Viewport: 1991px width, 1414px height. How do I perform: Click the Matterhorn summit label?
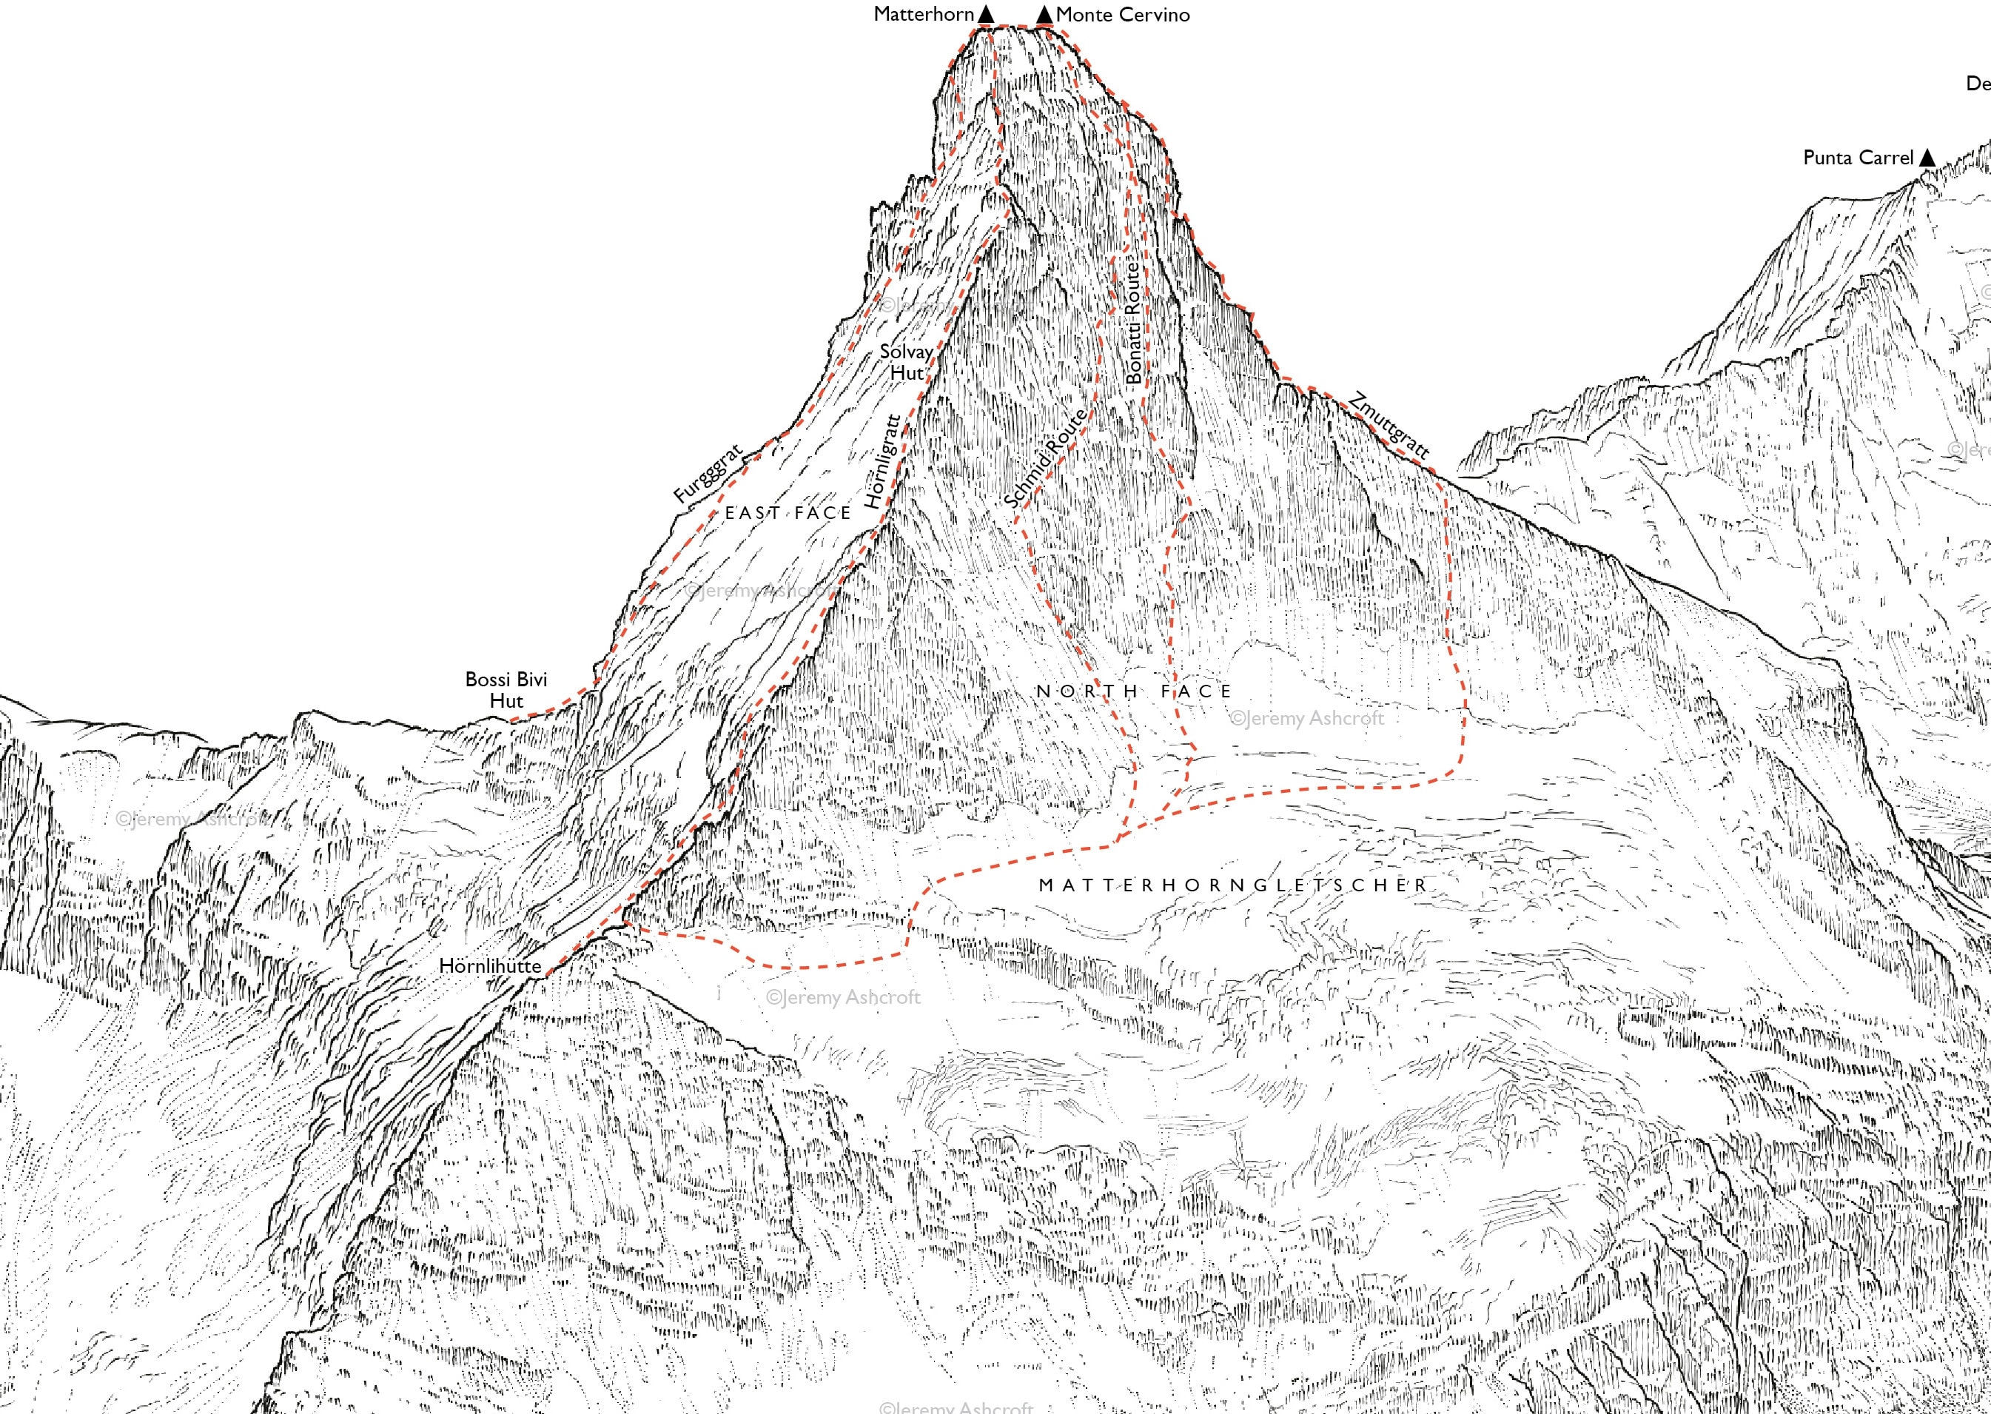pos(923,14)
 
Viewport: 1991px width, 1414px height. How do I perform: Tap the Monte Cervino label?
pos(1122,15)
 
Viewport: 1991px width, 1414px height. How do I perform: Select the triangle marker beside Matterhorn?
pos(985,14)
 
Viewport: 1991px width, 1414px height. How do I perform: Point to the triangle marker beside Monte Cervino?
pos(1044,15)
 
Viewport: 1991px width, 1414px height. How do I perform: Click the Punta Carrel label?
pos(1858,158)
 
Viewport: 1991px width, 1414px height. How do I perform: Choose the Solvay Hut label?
pos(906,362)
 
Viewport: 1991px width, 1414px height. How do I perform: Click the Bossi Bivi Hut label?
pos(506,689)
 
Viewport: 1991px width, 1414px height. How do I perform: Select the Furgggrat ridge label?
pos(708,474)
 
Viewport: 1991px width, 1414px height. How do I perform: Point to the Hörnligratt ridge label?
pos(882,460)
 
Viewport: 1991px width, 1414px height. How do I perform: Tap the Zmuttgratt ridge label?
pos(1389,426)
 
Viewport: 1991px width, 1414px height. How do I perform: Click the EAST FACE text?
pos(788,514)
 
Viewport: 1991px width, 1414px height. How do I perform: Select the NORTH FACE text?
pos(1133,691)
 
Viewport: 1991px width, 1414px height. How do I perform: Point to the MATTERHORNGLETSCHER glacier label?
pos(1234,885)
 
